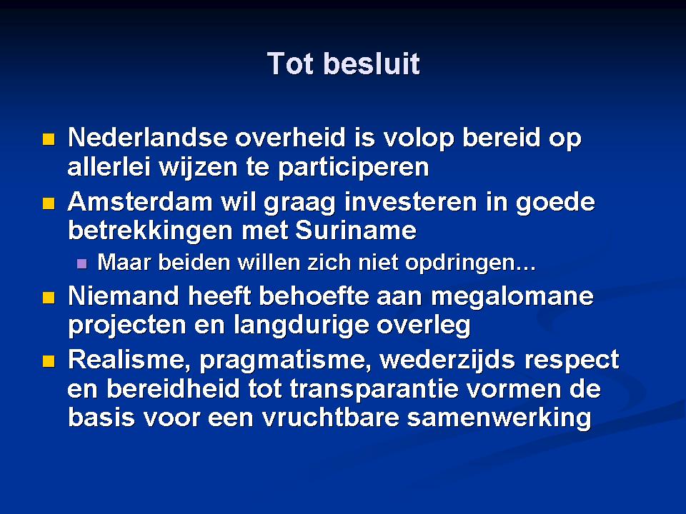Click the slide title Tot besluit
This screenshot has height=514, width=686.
point(344,64)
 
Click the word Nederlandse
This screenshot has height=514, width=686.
point(148,137)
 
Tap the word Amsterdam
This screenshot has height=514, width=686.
point(141,202)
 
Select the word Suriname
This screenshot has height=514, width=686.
point(356,231)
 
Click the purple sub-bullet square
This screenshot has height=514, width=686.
point(81,263)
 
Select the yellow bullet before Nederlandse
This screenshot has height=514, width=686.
point(49,139)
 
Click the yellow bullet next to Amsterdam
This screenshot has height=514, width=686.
point(49,203)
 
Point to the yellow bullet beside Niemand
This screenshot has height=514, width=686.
point(49,298)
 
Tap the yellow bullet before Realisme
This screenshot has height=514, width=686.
point(49,361)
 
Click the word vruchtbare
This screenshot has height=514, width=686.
point(331,418)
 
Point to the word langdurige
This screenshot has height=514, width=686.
point(301,326)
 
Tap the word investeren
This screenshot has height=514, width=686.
point(410,202)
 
